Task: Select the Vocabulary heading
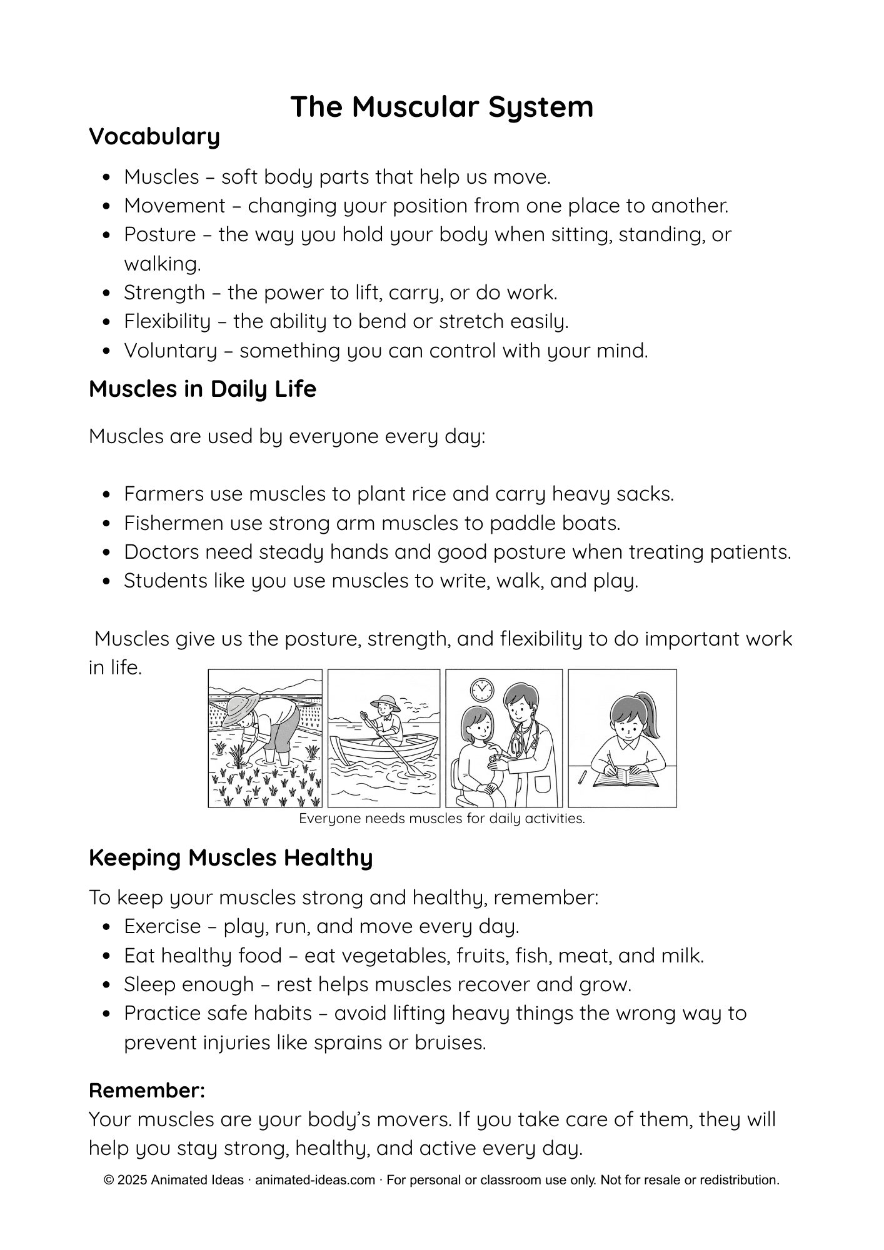154,136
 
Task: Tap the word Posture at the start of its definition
160,234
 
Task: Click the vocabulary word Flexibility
167,321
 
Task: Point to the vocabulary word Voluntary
169,351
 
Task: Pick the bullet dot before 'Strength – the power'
108,293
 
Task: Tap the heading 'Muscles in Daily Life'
203,389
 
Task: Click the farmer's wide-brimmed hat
237,704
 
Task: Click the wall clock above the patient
481,689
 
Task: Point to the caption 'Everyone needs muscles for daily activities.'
441,819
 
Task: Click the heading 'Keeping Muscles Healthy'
231,857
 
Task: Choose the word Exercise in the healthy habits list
162,926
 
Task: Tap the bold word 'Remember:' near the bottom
147,1091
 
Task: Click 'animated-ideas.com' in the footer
315,1180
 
